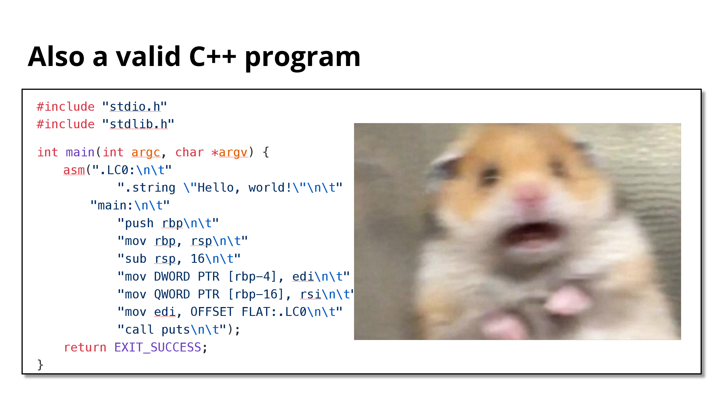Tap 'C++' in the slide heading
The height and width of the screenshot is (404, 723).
point(212,57)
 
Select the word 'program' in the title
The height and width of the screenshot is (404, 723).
point(302,59)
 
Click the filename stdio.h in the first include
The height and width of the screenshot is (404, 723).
point(135,107)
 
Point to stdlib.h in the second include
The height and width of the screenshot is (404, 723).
point(139,124)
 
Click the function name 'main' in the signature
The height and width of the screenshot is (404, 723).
point(80,152)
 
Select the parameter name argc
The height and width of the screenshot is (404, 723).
point(146,153)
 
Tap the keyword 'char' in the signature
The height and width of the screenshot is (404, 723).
point(190,152)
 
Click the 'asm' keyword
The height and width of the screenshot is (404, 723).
point(74,170)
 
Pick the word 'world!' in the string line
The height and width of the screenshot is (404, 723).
point(270,188)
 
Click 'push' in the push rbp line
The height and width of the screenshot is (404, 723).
point(139,224)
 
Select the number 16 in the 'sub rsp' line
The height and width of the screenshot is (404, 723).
point(198,259)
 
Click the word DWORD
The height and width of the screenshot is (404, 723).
point(172,277)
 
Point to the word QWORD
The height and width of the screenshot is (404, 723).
point(172,294)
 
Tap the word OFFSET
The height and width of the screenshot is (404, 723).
point(212,312)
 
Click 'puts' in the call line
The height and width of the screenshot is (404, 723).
point(176,330)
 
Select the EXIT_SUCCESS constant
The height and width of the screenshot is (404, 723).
point(158,347)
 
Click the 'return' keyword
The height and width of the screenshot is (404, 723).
point(85,347)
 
